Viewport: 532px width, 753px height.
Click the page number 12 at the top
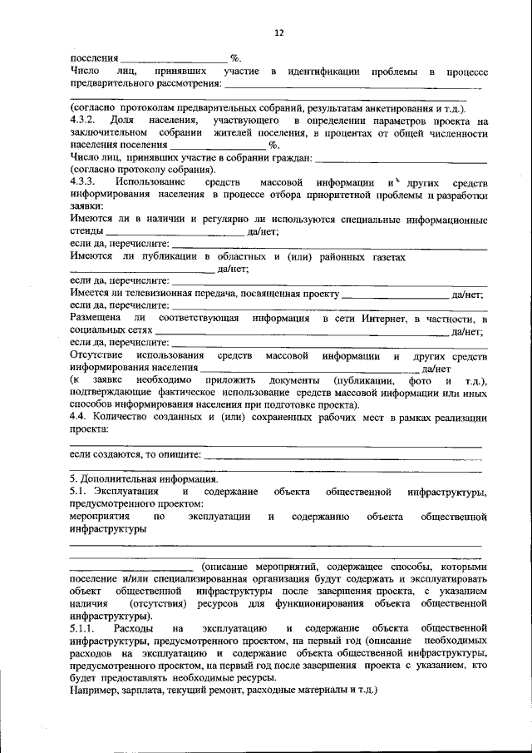pyautogui.click(x=278, y=32)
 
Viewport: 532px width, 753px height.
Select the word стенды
pyautogui.click(x=86, y=233)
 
